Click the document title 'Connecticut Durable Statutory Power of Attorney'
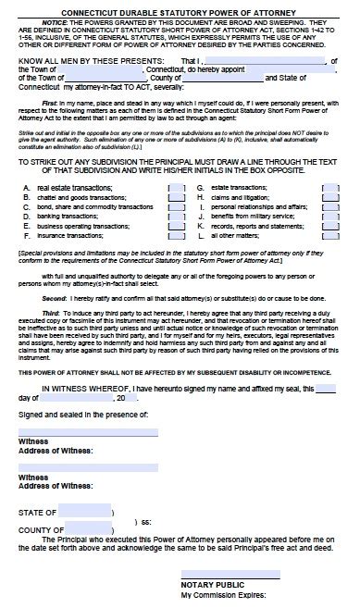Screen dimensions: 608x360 coord(180,8)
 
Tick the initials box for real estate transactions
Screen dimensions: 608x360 coord(176,214)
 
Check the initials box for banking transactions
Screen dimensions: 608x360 coord(176,244)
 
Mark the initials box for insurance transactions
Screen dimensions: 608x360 coord(176,263)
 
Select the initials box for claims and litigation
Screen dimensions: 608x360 coord(329,224)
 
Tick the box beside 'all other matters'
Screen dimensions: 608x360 coord(329,263)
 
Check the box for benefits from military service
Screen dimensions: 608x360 coord(329,244)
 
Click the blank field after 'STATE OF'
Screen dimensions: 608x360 coord(84,510)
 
